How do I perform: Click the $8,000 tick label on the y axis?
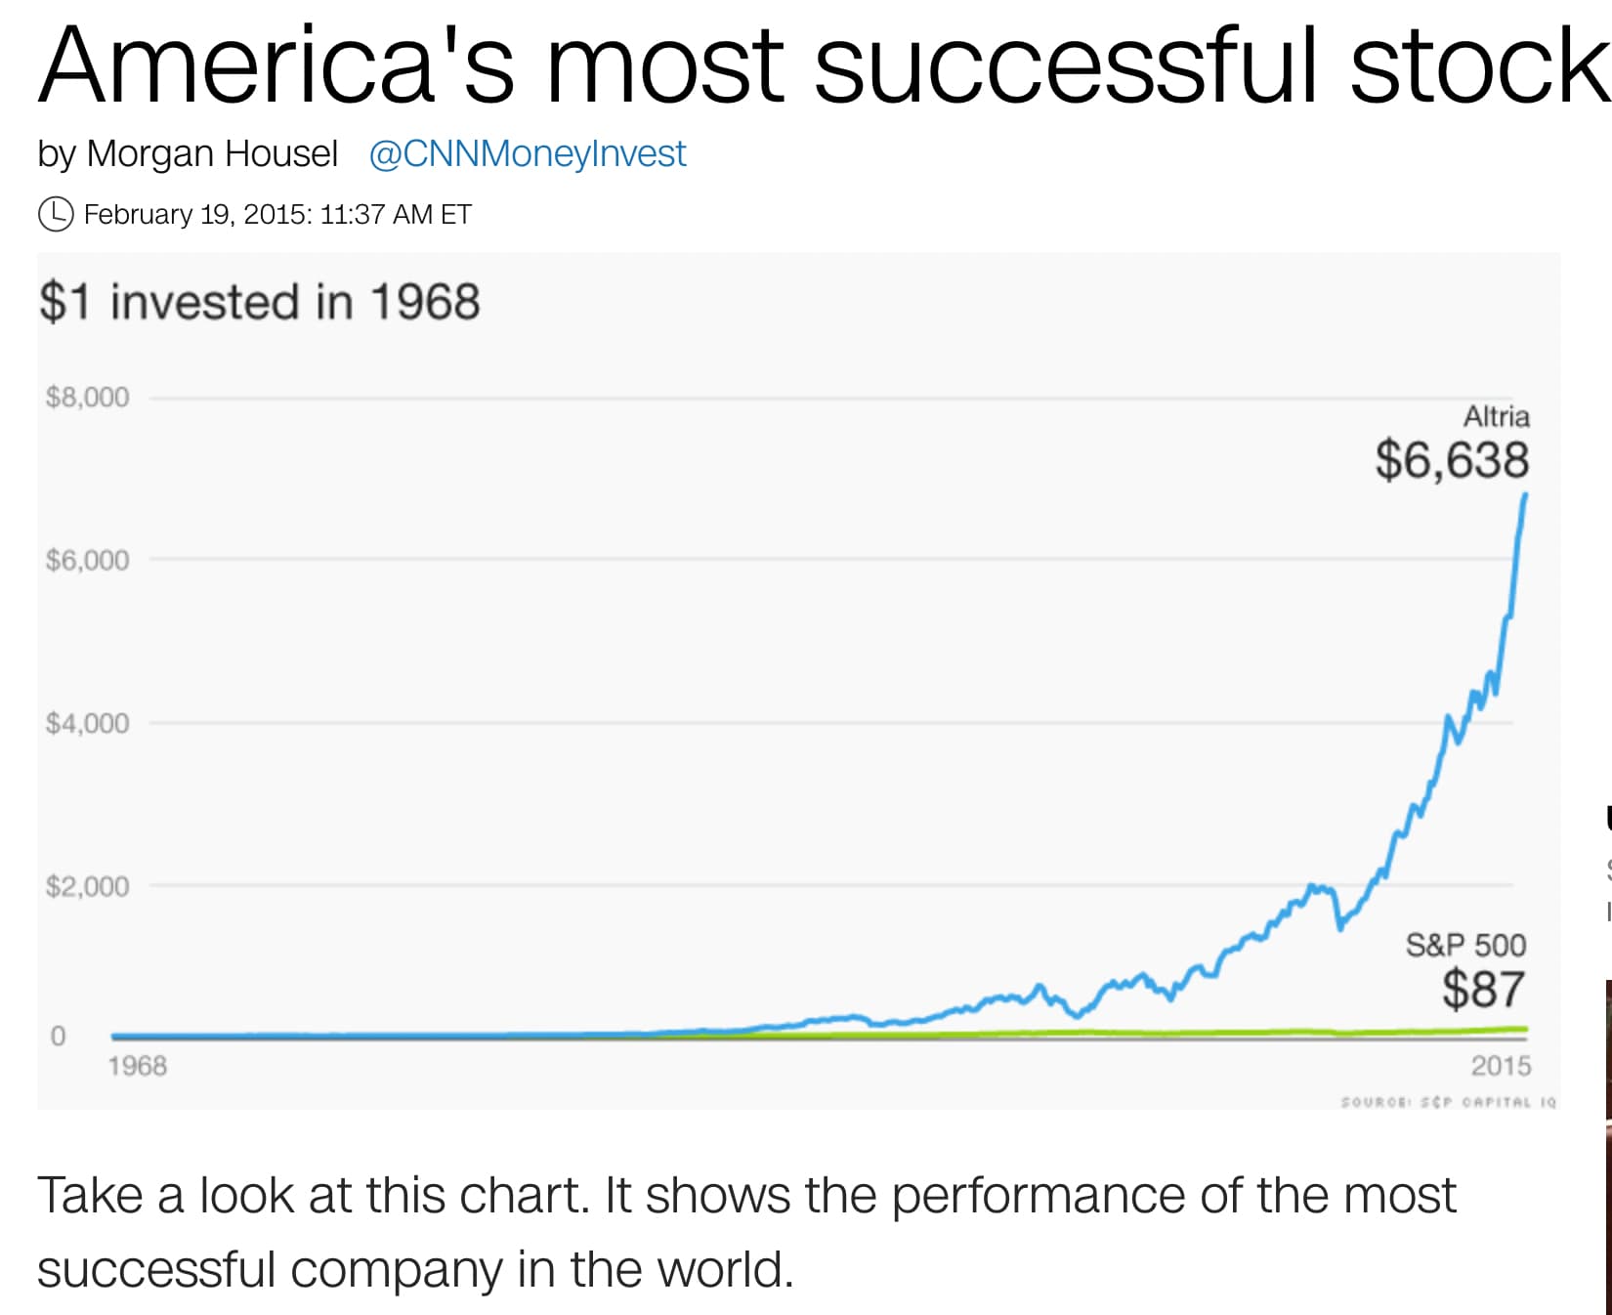pos(87,398)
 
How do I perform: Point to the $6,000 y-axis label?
pos(87,561)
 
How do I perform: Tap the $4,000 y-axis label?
pos(87,724)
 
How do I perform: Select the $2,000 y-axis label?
pos(87,887)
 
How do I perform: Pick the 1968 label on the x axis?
pos(137,1066)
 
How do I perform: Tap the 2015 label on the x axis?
pos(1501,1066)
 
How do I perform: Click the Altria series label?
pos(1496,417)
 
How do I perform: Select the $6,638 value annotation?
pos(1452,460)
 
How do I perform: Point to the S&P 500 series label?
pos(1465,946)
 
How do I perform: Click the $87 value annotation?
pos(1483,990)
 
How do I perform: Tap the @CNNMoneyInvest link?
pos(528,154)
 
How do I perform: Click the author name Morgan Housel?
pos(212,154)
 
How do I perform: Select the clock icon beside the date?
pos(56,214)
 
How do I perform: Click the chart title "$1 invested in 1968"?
pos(260,302)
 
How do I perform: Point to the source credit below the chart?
pos(1448,1102)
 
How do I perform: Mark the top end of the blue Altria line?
pos(1524,495)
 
